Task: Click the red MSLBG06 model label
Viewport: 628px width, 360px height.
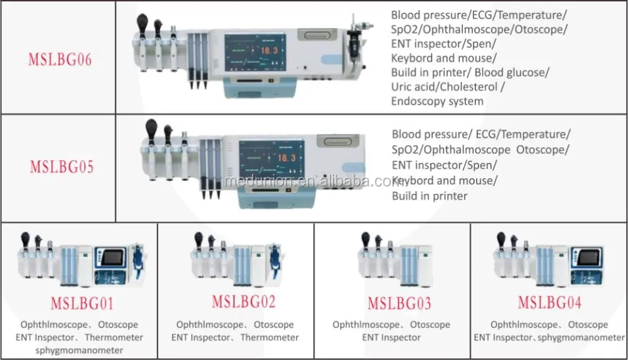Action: pyautogui.click(x=60, y=60)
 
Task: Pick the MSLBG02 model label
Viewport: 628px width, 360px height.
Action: pyautogui.click(x=243, y=302)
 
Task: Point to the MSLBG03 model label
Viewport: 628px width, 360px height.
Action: pyautogui.click(x=399, y=305)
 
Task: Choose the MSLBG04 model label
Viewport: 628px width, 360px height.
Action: pyautogui.click(x=549, y=302)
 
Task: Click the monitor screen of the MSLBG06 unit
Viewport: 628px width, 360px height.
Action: pyautogui.click(x=253, y=57)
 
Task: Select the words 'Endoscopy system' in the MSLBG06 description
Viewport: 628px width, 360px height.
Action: pyautogui.click(x=437, y=101)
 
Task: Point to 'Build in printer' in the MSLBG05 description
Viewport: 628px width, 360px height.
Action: pyautogui.click(x=430, y=196)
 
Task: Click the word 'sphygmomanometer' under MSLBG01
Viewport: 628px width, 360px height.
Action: pyautogui.click(x=80, y=350)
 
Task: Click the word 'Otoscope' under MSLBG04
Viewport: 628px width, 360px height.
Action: pyautogui.click(x=588, y=325)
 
